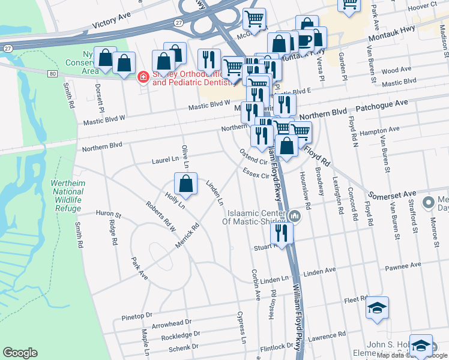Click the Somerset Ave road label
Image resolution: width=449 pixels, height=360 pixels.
[x=393, y=194]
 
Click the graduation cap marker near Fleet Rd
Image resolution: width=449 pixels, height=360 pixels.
[x=376, y=310]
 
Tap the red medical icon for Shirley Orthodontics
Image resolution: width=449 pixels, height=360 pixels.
[x=143, y=77]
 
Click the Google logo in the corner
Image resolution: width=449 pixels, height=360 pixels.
[x=20, y=353]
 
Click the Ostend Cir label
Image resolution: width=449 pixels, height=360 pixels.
[x=253, y=158]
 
